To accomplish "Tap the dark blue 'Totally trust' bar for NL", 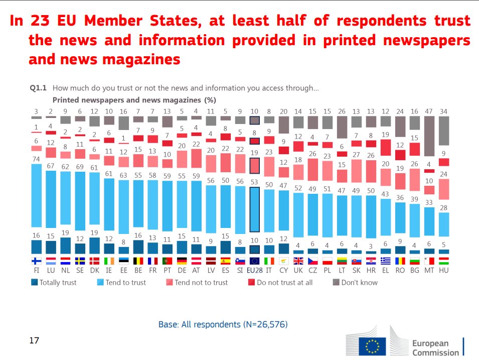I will [x=65, y=246].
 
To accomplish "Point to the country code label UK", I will [x=298, y=270].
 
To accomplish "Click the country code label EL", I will [x=385, y=270].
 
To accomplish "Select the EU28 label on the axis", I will [x=255, y=270].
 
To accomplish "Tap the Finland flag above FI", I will [x=36, y=261].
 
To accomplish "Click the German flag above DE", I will [x=182, y=261].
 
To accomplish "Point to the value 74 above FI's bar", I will [x=36, y=159].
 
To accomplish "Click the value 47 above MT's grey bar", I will [x=429, y=111].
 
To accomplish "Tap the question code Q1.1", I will [x=39, y=88].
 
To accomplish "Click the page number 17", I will [x=34, y=340].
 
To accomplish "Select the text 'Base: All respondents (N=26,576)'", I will [x=223, y=324].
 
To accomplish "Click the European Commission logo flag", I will [x=372, y=346].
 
